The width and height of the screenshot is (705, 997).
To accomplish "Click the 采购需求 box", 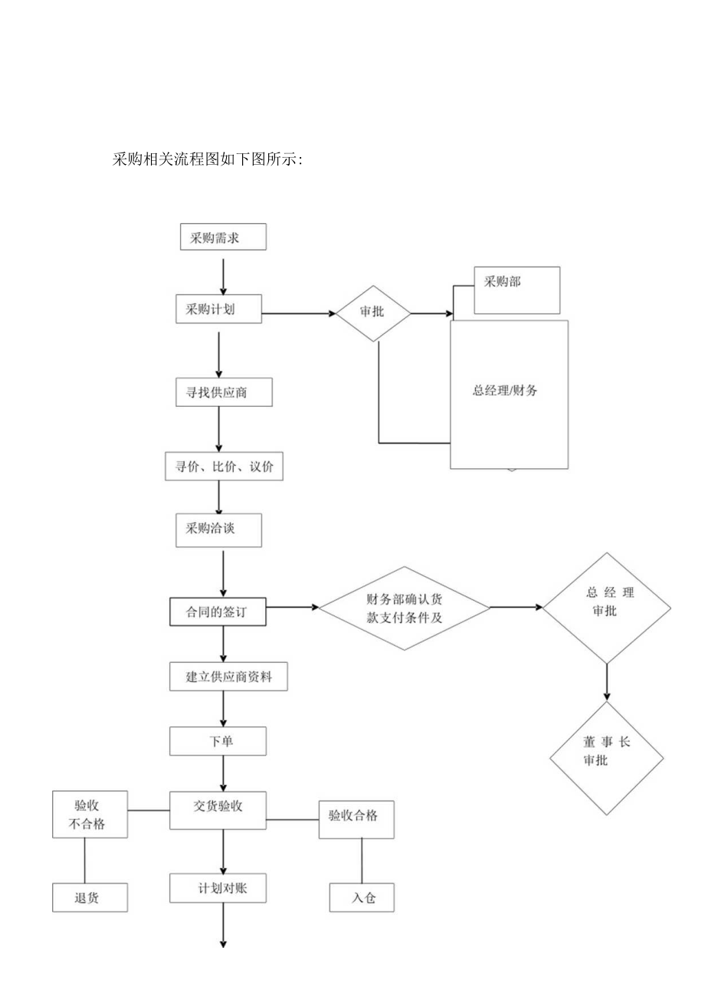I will (x=222, y=237).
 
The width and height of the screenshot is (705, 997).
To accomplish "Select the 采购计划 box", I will (x=218, y=310).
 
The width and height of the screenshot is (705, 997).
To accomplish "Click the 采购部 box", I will (x=516, y=290).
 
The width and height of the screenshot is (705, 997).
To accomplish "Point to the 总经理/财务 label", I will (x=506, y=390).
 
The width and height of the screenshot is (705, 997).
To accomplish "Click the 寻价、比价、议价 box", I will (x=224, y=467).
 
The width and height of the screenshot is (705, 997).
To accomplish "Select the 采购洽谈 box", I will (x=218, y=530).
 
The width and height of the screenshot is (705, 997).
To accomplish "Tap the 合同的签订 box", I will (x=218, y=612).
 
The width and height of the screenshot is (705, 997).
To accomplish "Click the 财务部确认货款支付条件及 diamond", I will (x=404, y=608).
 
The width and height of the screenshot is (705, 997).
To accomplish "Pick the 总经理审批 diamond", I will (x=608, y=608).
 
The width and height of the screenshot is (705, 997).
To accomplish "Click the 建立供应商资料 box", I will (x=228, y=677).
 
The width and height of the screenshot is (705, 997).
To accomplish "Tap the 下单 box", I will (x=218, y=741).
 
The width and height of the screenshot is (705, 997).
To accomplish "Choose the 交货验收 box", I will (x=218, y=810).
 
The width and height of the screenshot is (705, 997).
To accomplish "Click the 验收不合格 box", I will (x=90, y=815).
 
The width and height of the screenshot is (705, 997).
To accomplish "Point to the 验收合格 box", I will (x=356, y=820).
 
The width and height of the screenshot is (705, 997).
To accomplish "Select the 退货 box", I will (x=90, y=897).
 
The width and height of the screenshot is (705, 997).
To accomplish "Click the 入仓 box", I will (x=362, y=897).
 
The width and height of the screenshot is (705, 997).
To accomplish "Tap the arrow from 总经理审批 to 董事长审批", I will (x=607, y=681).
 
